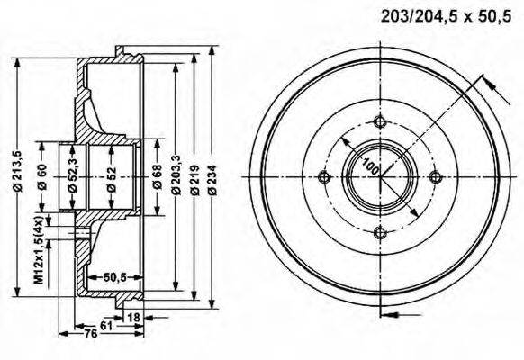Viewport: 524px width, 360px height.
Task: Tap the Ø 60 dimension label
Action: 42,177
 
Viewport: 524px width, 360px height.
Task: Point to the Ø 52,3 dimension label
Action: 71,177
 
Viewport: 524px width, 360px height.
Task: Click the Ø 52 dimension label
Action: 111,177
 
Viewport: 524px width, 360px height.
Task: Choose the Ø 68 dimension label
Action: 156,177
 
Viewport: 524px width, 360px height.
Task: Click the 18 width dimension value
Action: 134,317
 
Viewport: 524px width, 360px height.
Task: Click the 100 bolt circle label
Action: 369,165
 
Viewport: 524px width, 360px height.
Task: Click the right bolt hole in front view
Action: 436,176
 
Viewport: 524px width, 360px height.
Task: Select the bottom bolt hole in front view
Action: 380,232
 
